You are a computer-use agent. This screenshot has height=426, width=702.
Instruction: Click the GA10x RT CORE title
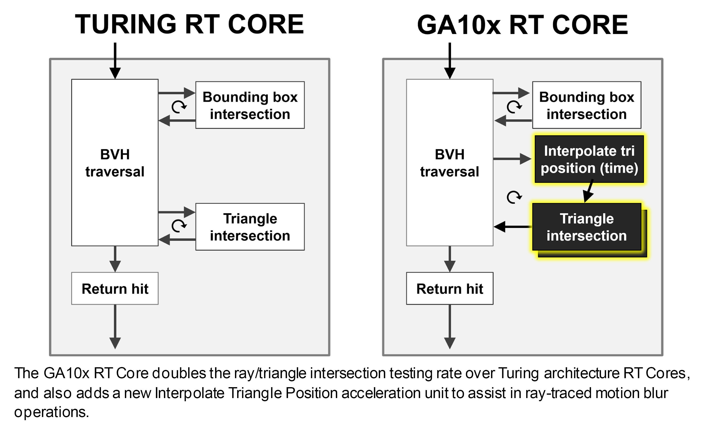523,25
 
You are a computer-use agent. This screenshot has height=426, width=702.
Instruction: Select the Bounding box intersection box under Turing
250,105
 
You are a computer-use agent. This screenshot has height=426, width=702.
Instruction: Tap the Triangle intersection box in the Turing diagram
250,227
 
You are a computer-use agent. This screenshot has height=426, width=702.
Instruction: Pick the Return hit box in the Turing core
115,288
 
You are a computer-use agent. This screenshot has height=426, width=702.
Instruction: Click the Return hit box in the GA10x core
450,288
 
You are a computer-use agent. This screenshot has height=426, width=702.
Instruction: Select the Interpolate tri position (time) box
589,159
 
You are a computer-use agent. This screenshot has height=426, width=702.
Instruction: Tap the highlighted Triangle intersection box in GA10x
587,227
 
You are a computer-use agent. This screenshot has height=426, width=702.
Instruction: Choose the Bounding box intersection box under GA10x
587,105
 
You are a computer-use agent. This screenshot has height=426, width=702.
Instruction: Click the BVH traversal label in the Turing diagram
115,163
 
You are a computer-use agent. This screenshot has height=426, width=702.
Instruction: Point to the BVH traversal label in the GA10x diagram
450,163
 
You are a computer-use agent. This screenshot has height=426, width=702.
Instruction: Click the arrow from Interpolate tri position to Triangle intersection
588,191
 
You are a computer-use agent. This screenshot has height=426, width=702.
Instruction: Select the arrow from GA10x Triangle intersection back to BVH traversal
513,227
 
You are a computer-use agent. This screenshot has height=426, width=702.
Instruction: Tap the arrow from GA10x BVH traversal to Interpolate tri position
512,159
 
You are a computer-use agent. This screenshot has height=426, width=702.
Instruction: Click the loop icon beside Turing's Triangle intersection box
179,226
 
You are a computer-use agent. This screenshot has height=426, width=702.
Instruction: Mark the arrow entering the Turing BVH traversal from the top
115,61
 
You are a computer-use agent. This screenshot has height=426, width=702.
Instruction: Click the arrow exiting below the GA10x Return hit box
450,327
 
